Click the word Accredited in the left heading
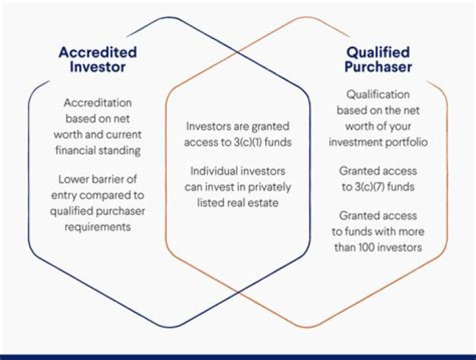(x=97, y=52)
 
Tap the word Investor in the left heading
(x=97, y=67)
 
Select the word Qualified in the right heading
(x=378, y=52)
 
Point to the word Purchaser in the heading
(x=378, y=67)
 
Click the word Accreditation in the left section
(x=97, y=103)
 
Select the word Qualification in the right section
(x=377, y=95)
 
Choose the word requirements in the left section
(x=97, y=227)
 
